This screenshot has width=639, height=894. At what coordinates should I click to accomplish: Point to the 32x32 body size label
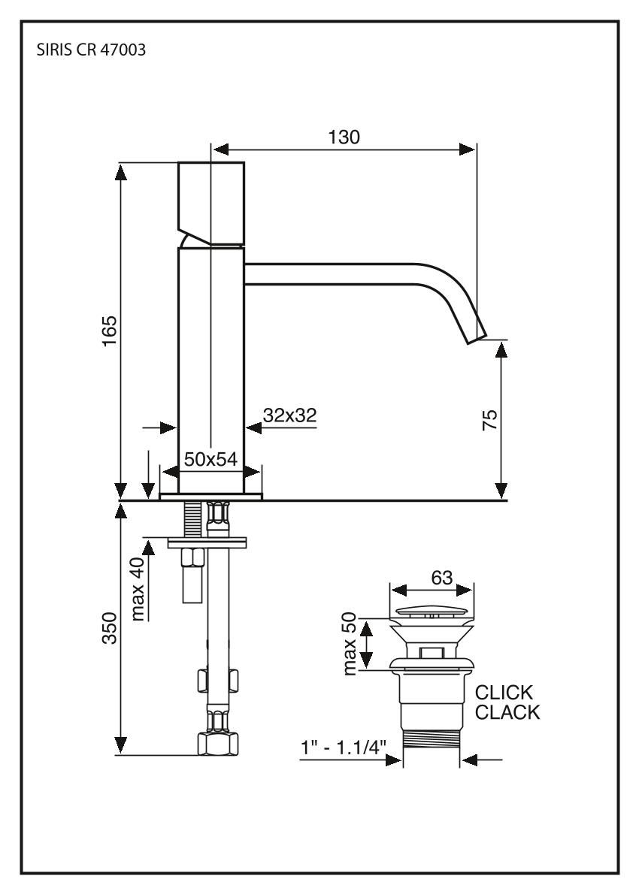pos(289,415)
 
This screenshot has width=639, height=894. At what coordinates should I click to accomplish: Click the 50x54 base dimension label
pos(210,459)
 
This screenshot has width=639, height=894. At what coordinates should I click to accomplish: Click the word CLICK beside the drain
pos(504,693)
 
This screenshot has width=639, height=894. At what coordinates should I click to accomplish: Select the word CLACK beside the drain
pos(507,712)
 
